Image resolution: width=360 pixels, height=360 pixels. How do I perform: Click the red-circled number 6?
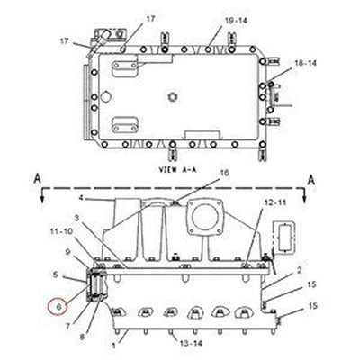[58, 308]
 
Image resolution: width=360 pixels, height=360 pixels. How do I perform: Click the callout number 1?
[114, 346]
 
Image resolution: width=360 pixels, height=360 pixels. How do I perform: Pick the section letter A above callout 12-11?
[310, 178]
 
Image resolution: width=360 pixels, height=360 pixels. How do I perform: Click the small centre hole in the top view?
[170, 95]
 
